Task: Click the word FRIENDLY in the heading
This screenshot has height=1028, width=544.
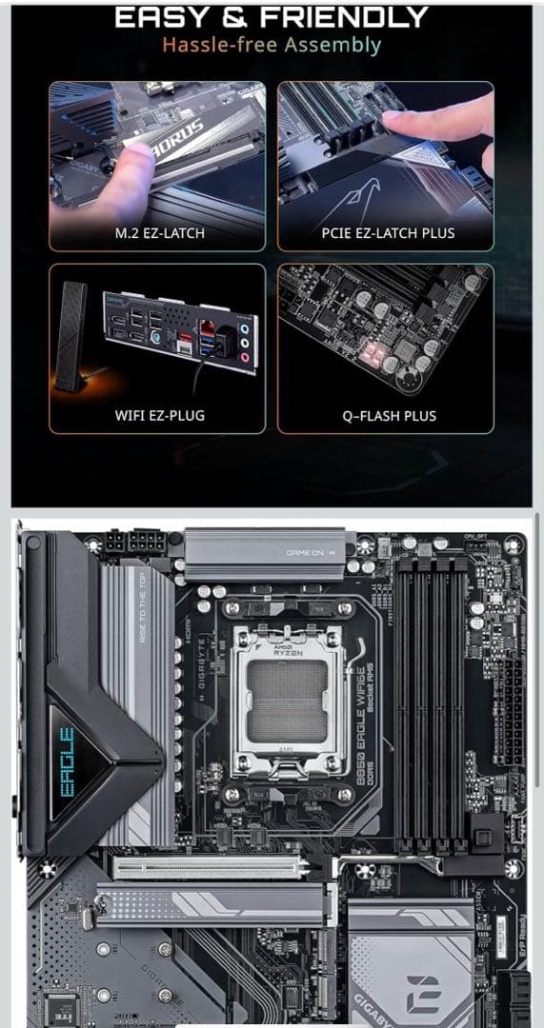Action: [344, 16]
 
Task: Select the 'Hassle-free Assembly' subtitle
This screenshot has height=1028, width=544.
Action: [272, 45]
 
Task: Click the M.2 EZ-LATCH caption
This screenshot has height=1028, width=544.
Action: [157, 232]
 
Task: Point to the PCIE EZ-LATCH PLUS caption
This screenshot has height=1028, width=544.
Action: [387, 232]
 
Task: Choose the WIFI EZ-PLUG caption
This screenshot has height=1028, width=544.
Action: [158, 415]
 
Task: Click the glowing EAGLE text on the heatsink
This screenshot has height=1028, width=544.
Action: [66, 761]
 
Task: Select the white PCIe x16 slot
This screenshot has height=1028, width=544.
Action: [210, 866]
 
